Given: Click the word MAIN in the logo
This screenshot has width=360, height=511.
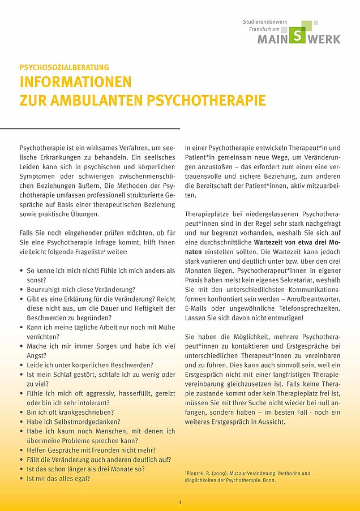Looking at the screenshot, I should click(274, 39).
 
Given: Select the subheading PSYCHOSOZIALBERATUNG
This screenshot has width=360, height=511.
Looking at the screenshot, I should click(64, 67).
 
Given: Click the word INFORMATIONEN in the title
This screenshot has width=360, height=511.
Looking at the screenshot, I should click(75, 81).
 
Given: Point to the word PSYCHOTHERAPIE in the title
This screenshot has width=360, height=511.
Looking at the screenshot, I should click(206, 101).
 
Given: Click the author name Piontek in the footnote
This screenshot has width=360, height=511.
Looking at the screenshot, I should click(196, 473).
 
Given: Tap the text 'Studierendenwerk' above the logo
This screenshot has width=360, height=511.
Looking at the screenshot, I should click(265, 22).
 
